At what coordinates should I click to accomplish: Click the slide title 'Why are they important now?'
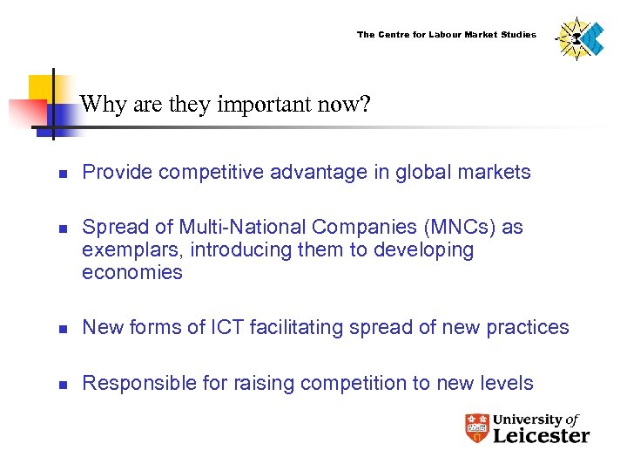[226, 106]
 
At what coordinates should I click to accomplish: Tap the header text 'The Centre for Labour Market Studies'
[447, 35]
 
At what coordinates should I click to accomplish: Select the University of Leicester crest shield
[476, 427]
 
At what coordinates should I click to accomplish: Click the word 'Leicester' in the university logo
[541, 435]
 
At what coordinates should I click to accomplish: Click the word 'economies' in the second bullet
[132, 273]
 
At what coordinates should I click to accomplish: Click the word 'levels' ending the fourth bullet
[509, 383]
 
